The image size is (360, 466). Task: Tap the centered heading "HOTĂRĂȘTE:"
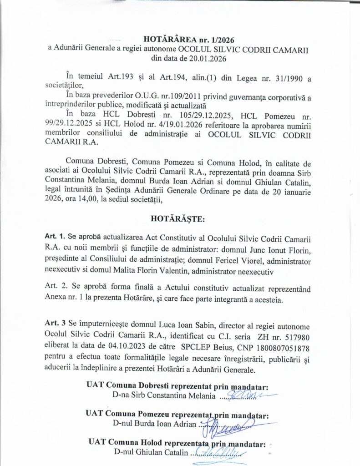click(x=178, y=218)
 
